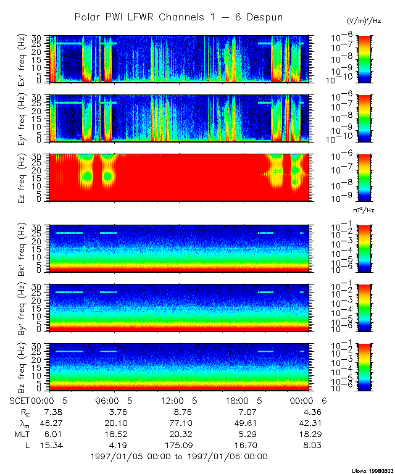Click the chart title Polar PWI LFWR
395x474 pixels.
tap(178, 17)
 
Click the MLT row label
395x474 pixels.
tap(21, 434)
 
